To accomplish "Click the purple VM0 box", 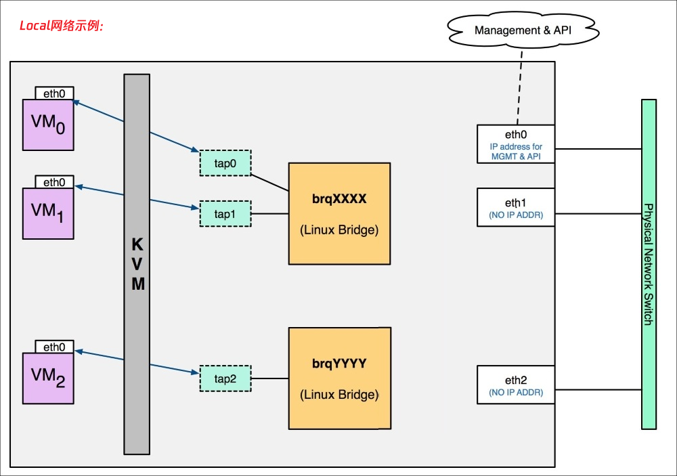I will point(48,125).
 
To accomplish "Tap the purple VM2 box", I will point(48,378).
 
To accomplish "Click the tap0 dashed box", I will point(225,162).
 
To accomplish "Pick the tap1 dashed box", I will point(225,213).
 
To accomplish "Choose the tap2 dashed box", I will point(225,378).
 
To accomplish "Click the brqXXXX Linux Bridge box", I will point(339,213).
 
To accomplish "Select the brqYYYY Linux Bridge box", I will point(339,378).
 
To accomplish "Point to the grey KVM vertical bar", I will point(137,264).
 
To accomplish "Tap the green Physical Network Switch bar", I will point(649,264).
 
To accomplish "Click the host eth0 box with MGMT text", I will point(516,143).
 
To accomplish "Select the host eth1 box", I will point(516,207).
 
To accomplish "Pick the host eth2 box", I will point(516,385).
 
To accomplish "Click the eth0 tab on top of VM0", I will point(54,93).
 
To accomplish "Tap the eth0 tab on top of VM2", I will point(54,347).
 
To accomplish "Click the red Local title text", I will point(60,26).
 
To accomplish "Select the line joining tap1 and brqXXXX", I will point(269,213).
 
